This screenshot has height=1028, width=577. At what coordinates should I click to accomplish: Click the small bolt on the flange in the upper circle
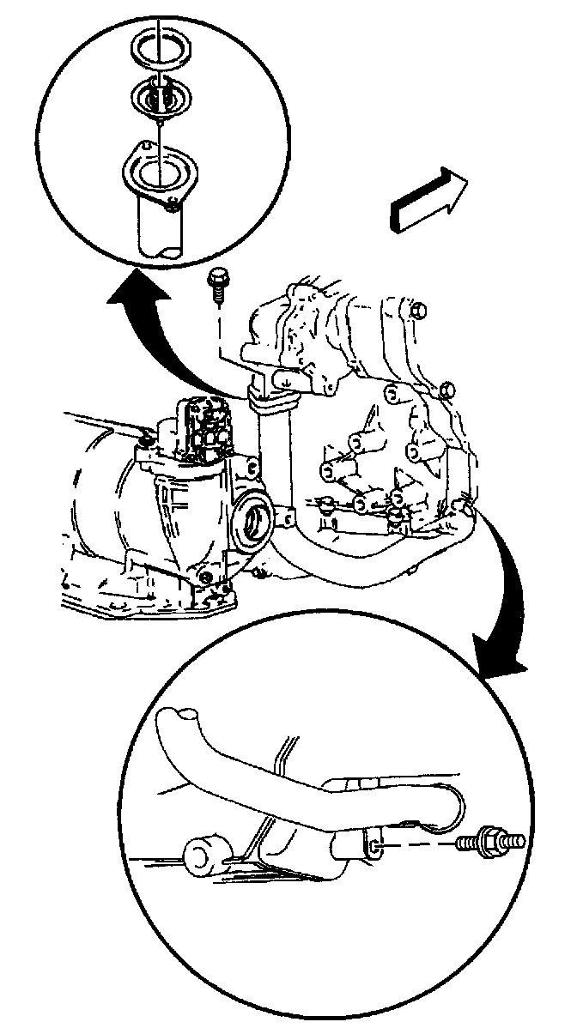174,203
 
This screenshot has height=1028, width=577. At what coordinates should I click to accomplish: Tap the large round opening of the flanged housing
156,172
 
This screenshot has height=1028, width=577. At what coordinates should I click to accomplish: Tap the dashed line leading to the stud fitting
421,845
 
